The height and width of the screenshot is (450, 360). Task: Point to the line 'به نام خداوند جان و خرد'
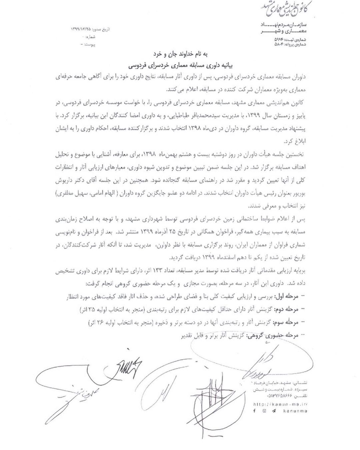coord(180,54)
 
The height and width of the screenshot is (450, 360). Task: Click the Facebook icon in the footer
coord(254,411)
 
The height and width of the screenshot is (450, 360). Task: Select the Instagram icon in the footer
coord(264,411)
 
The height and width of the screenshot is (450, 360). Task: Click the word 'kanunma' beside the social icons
coord(295,411)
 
